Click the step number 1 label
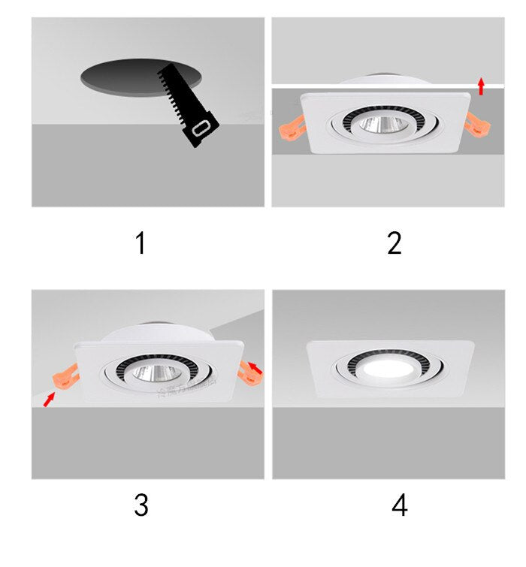tap(140, 243)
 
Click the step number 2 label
tap(394, 243)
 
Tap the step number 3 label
tap(141, 505)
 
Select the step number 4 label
tap(399, 505)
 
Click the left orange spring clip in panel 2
tap(289, 122)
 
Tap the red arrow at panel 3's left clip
tap(50, 398)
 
